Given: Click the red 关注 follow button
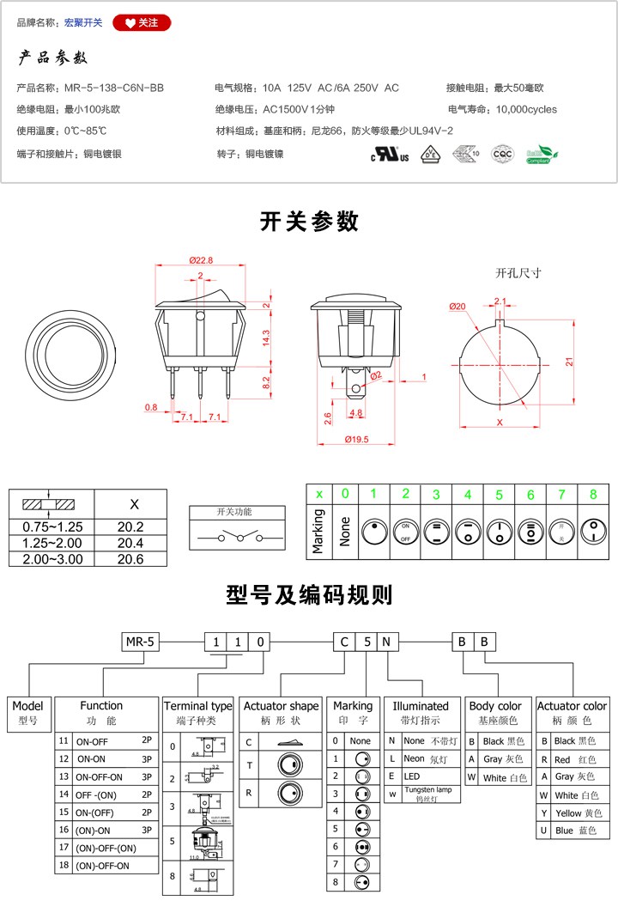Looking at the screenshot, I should [142, 23].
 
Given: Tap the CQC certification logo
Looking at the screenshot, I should [501, 155].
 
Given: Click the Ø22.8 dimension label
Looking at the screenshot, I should [200, 260].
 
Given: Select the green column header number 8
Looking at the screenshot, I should [593, 494].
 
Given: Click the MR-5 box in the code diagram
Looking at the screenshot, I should [139, 642].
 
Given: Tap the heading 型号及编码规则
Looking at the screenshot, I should [309, 594].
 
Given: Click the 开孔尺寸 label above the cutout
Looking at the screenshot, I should [518, 273].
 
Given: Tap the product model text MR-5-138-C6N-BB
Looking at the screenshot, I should [114, 88].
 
